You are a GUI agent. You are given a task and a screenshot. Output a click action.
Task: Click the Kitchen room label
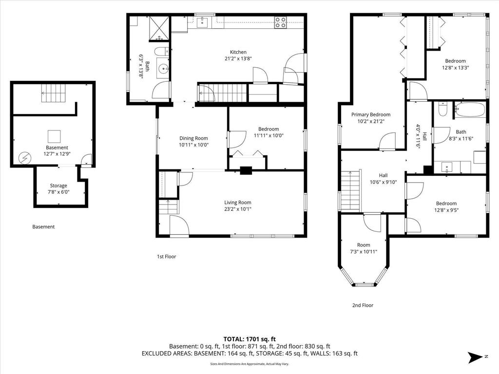coord(238,52)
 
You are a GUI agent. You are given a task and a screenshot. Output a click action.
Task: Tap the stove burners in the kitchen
coord(280,22)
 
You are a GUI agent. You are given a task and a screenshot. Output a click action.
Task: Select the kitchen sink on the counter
coord(202,22)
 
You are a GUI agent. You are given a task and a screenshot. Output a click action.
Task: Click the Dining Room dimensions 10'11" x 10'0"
coord(193,145)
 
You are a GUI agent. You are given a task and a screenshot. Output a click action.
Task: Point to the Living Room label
coord(238,202)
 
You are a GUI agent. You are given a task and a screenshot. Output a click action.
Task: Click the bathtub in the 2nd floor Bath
coord(469,110)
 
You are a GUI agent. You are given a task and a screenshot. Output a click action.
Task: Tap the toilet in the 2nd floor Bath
coord(442,109)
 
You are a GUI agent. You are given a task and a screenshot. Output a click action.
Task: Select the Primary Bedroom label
coord(371,114)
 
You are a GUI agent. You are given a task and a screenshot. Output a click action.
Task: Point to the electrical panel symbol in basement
coord(24,158)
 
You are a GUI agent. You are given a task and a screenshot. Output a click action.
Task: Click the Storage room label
coord(58,186)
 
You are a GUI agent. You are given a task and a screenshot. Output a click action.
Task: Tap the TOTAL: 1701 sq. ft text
coord(249,339)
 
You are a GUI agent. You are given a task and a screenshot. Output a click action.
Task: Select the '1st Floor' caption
coord(167,256)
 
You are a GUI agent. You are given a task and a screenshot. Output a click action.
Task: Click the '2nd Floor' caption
coord(363,305)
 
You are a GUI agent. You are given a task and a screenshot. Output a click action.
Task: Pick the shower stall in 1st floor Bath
coord(160,28)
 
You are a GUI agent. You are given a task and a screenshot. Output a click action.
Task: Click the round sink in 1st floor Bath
coord(164,68)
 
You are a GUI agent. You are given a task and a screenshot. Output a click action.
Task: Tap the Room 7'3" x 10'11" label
coord(364,248)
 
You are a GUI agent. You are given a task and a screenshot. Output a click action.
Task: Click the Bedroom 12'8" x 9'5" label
coord(446,206)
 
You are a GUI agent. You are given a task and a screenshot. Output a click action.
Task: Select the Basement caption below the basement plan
coord(43,227)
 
